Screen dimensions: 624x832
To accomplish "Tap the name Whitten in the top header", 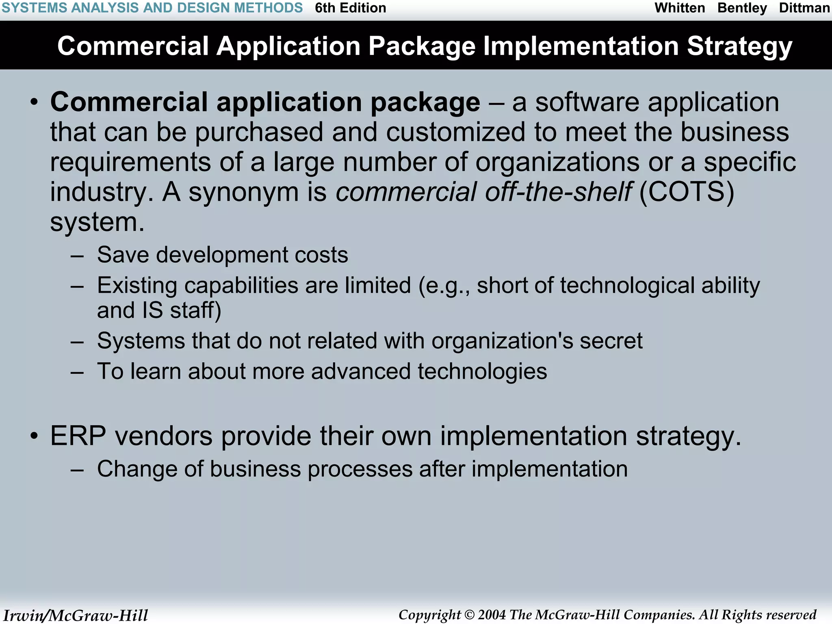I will [x=680, y=8].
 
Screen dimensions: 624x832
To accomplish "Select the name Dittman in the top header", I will [x=804, y=8].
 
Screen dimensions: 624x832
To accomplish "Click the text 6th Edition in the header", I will [x=350, y=8].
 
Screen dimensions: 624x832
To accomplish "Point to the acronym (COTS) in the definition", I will [x=687, y=192].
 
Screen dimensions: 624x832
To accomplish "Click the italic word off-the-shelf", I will [x=558, y=192].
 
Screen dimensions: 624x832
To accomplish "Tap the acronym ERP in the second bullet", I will [x=78, y=436].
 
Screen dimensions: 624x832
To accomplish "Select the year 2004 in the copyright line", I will [x=492, y=615].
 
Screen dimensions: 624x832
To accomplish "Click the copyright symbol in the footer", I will [x=469, y=615].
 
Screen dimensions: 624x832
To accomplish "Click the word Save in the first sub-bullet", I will [x=123, y=255].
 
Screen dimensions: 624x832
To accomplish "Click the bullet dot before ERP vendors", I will [x=35, y=436].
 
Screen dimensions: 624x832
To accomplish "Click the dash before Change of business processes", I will [x=77, y=470].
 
